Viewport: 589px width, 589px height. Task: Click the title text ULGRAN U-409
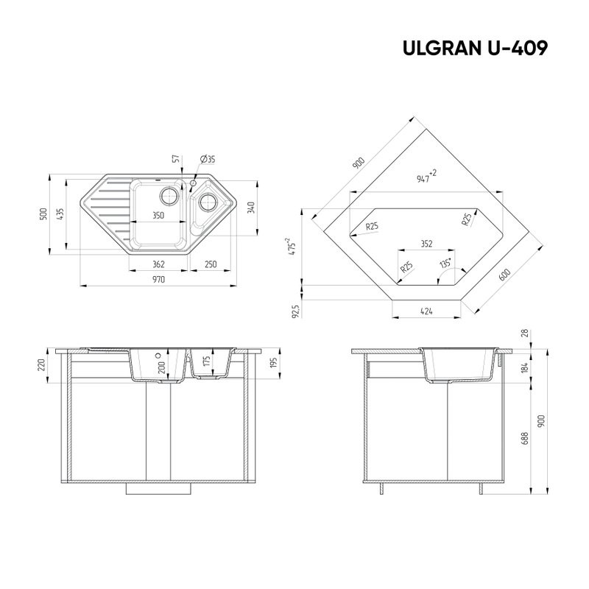474,48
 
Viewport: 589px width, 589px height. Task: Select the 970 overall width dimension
158,280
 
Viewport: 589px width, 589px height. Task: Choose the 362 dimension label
158,264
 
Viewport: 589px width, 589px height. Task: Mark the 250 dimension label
210,264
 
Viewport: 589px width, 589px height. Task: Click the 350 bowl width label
158,216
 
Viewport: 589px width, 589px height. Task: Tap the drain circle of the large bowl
169,196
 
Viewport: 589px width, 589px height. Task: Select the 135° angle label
445,263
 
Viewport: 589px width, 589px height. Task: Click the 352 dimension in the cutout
427,242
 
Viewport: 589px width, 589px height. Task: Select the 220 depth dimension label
42,365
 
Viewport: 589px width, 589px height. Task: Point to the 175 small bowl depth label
208,361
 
